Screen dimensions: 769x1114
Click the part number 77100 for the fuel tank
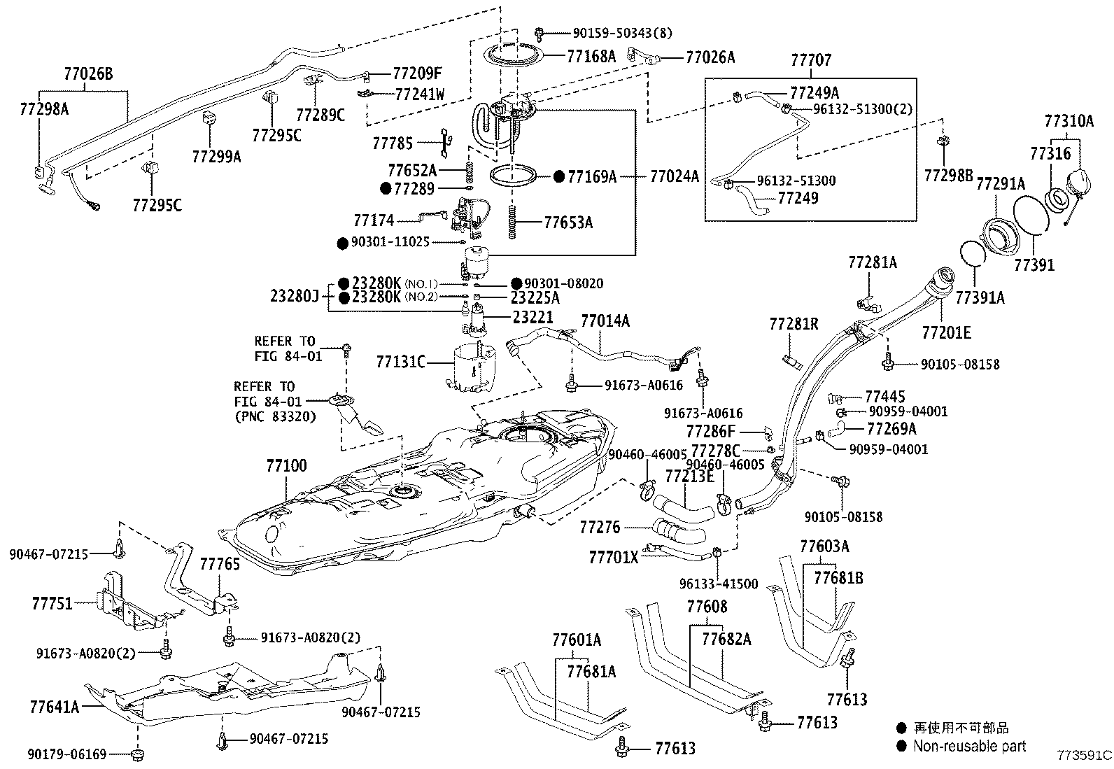point(286,465)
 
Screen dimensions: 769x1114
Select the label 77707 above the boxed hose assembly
point(811,60)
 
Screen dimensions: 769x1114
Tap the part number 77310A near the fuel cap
point(1069,121)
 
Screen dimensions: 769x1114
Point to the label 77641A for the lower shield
point(55,706)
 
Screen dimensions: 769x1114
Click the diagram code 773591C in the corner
point(1084,756)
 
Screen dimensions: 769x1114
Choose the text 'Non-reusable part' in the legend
point(969,746)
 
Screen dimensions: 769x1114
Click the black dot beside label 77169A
point(558,177)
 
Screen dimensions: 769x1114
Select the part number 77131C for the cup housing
point(400,362)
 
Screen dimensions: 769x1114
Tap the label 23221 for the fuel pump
point(533,316)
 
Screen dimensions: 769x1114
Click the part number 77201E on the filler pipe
point(946,332)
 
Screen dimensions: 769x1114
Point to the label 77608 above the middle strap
point(707,607)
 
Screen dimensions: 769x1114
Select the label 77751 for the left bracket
point(52,602)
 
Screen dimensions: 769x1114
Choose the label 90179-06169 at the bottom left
point(67,754)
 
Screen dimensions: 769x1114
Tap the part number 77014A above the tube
point(605,321)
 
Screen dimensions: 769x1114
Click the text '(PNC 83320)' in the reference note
point(275,416)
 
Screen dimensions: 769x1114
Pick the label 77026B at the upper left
point(88,72)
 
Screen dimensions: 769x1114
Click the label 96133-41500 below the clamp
point(718,584)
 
